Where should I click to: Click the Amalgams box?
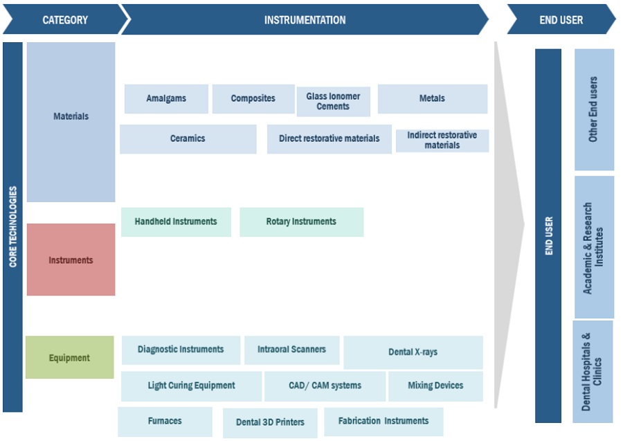tap(166, 99)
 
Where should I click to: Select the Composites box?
tap(253, 99)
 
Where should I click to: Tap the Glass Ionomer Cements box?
tap(333, 102)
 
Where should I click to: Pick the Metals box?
tap(432, 99)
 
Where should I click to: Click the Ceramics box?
tap(188, 138)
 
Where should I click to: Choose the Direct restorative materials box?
tap(329, 138)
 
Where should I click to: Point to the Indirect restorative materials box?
tap(442, 141)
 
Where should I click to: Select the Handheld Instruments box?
tap(176, 222)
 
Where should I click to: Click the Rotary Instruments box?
tap(301, 222)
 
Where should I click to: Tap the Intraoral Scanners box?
tap(291, 350)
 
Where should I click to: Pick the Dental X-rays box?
tap(413, 352)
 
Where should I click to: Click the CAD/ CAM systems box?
tap(325, 386)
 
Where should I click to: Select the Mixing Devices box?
tap(435, 386)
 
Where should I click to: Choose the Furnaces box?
tap(165, 421)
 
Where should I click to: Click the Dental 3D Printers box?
tap(269, 422)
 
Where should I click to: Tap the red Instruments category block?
tap(71, 260)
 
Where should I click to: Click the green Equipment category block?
tap(69, 358)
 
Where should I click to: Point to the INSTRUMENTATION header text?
tap(305, 20)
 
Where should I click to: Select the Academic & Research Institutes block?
tap(593, 247)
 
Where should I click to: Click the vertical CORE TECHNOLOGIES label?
tap(12, 227)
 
